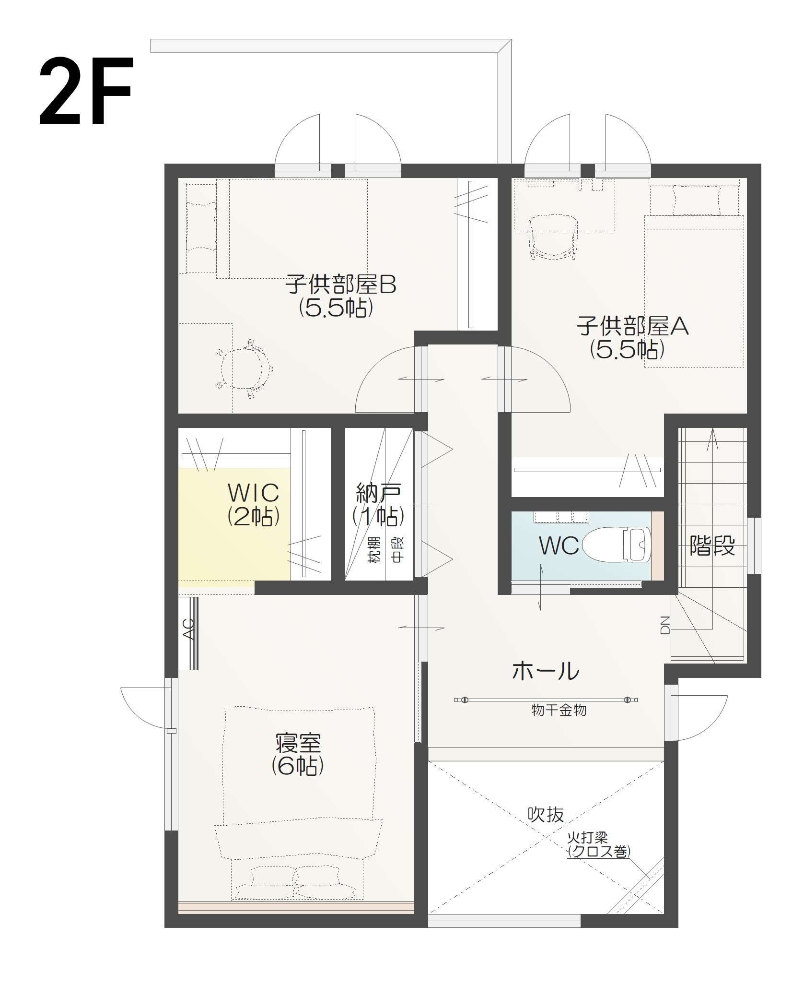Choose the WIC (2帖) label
pyautogui.click(x=253, y=504)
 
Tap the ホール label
pyautogui.click(x=545, y=671)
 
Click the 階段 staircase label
pyautogui.click(x=712, y=546)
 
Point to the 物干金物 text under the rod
pyautogui.click(x=559, y=711)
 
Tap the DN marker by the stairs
pyautogui.click(x=665, y=625)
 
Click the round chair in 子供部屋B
pyautogui.click(x=244, y=368)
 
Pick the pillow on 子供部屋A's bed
pyautogui.click(x=697, y=201)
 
